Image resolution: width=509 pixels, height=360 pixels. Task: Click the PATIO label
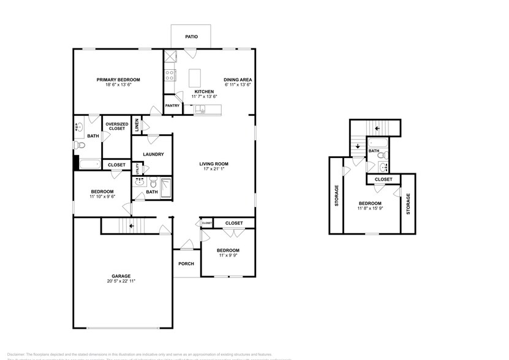(191, 37)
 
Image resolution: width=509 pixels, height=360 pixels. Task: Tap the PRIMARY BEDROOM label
(119, 80)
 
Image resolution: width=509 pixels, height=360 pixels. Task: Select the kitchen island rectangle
(195, 78)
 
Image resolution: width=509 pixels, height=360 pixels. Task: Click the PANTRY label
(172, 106)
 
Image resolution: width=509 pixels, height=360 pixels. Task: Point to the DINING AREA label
(238, 80)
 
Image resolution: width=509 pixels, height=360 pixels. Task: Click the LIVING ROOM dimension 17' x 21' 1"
(214, 170)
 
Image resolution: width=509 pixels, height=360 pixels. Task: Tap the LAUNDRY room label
(153, 154)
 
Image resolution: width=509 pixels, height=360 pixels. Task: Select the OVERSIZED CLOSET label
(116, 127)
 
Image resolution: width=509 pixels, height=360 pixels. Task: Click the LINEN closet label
(137, 126)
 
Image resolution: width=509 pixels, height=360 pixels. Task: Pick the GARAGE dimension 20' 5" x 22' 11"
(120, 281)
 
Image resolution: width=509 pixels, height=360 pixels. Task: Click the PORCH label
(186, 264)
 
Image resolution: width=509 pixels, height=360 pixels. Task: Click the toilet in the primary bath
(79, 146)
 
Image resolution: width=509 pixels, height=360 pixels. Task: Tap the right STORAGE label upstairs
(409, 203)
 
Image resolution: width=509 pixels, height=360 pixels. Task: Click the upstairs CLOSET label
(383, 179)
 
